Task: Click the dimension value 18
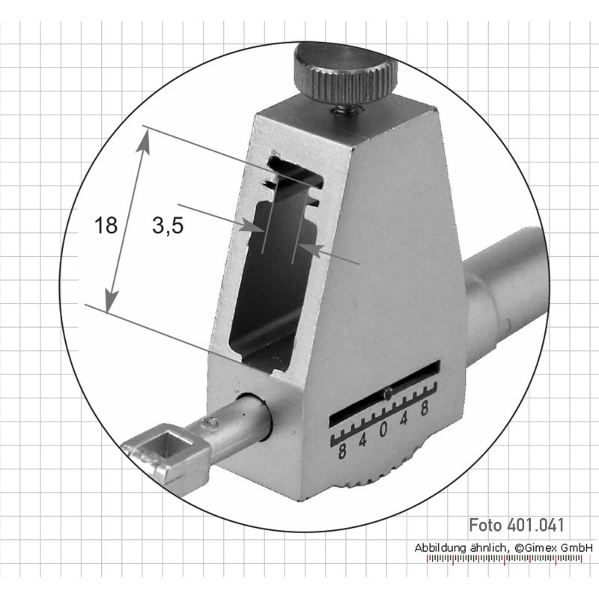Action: pyautogui.click(x=106, y=225)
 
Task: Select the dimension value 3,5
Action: pyautogui.click(x=168, y=225)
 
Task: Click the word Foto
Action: pyautogui.click(x=485, y=525)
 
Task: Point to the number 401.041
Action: pyautogui.click(x=535, y=525)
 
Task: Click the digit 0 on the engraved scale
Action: pyautogui.click(x=383, y=430)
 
